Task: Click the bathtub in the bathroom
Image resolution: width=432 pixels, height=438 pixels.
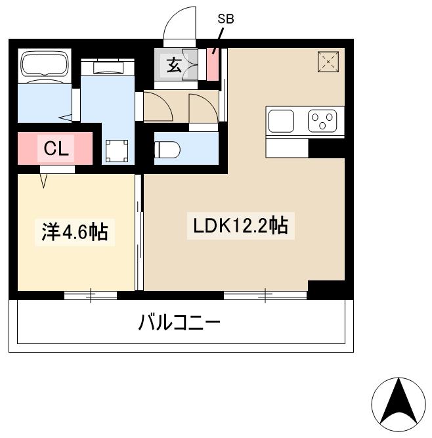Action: pos(45,66)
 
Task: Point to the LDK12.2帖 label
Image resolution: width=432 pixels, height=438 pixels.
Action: pos(240,227)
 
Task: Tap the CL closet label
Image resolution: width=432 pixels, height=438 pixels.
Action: pos(56,149)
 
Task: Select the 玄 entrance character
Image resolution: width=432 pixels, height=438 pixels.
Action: pos(173,65)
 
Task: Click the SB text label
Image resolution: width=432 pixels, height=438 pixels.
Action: pos(225,19)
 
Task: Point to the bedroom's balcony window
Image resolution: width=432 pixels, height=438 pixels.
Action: pos(91,295)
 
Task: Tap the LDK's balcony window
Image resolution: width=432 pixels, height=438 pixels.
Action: pos(265,295)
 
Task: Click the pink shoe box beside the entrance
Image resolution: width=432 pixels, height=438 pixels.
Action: pos(213,64)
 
